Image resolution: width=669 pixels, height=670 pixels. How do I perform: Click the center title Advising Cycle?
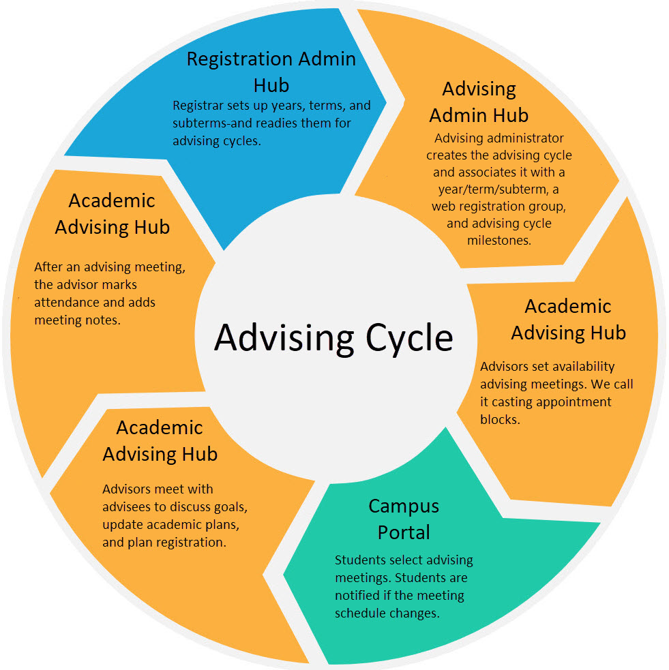[333, 337]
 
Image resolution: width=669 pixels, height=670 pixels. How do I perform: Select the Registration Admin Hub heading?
[271, 72]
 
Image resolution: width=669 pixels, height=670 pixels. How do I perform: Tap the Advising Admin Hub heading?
[479, 102]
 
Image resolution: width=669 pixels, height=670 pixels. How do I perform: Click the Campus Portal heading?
[403, 519]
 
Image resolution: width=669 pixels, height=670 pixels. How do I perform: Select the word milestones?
[499, 240]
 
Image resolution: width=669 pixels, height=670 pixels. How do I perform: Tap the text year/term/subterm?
[499, 189]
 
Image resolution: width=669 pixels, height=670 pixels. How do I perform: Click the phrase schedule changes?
[387, 613]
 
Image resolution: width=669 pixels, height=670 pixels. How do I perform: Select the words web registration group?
[499, 206]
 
